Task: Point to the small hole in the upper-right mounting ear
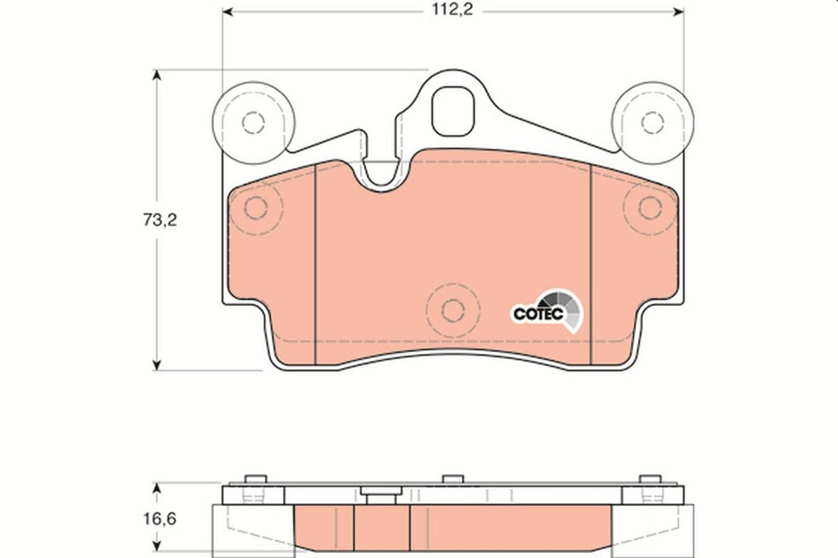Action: (651, 121)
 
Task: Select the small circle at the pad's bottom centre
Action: (453, 309)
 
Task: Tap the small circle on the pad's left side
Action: (255, 208)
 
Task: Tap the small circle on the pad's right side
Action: (650, 208)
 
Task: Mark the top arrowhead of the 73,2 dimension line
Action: (158, 78)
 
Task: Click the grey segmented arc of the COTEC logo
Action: (569, 309)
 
